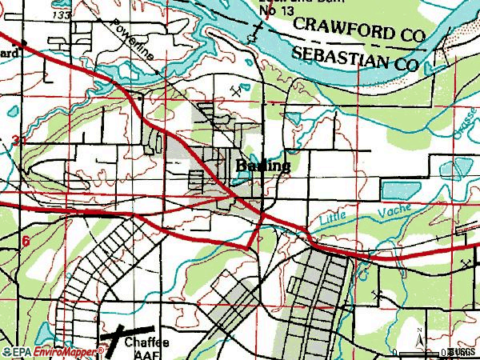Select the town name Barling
coord(263,166)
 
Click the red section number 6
coord(26,241)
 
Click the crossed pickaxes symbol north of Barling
coord(236,92)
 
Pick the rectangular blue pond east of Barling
coord(398,190)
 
